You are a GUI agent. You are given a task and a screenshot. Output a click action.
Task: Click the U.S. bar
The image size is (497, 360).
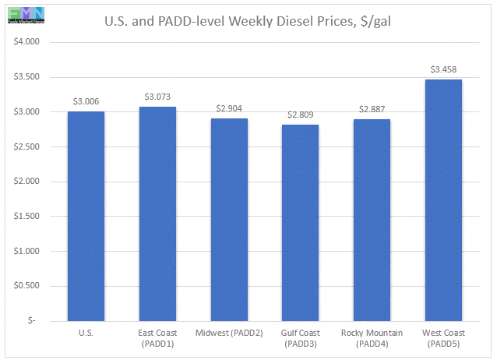click(86, 216)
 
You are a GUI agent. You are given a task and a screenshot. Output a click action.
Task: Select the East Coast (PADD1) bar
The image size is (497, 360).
click(157, 214)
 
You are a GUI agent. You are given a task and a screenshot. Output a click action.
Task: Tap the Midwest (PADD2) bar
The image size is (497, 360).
click(229, 219)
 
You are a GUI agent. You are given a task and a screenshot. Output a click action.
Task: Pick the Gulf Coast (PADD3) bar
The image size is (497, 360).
click(301, 222)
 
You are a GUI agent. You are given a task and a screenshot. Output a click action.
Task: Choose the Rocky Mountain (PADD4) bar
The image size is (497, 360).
click(372, 220)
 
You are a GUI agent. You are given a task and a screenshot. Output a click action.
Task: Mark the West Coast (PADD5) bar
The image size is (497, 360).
click(443, 199)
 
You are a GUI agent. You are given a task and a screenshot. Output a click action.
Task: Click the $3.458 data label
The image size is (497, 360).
click(443, 69)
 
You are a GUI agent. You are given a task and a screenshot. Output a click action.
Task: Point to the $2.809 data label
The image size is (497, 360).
click(301, 115)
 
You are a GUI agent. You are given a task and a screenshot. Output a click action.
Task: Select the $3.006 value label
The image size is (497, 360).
click(86, 101)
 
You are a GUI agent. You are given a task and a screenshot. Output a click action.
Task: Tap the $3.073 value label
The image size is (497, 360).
click(157, 97)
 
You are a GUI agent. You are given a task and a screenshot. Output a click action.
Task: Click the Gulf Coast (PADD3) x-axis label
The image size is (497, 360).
click(301, 338)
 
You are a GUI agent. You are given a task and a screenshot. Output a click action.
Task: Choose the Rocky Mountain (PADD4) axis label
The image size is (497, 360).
click(372, 338)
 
